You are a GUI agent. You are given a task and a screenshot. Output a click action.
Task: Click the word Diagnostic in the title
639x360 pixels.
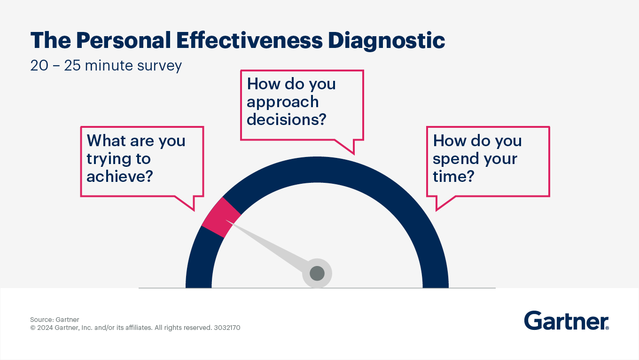click(x=386, y=41)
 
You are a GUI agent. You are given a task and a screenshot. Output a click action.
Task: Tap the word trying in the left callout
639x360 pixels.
click(x=110, y=159)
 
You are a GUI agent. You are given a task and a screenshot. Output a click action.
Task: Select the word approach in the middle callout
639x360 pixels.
click(x=282, y=102)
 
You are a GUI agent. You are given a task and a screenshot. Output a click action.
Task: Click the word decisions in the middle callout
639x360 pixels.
click(x=286, y=119)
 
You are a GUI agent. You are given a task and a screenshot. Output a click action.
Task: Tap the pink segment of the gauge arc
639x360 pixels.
click(x=221, y=217)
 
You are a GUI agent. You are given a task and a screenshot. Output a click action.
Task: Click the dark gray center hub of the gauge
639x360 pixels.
click(x=317, y=273)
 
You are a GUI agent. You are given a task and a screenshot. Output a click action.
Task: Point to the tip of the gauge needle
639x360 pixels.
click(x=227, y=221)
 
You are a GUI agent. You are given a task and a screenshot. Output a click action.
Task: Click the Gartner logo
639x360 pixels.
click(x=566, y=321)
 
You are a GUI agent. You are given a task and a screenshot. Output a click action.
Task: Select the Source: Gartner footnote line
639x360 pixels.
click(x=55, y=320)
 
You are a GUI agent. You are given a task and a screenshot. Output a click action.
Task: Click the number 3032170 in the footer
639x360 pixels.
click(x=227, y=328)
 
